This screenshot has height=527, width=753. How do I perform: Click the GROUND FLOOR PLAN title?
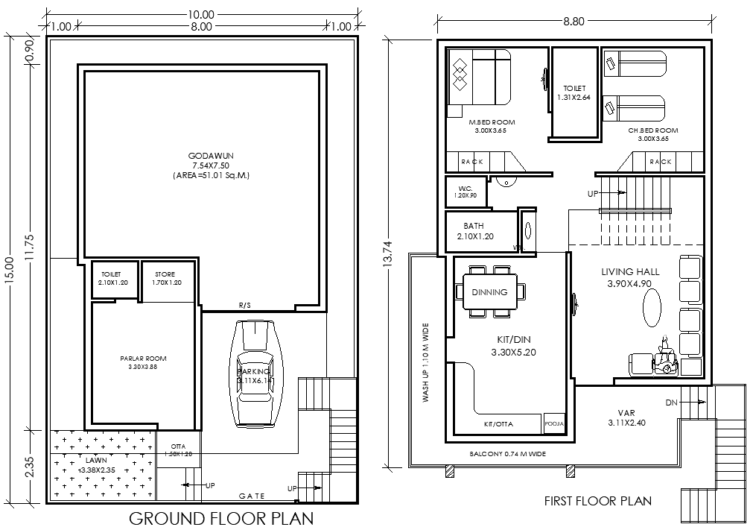[x=221, y=517]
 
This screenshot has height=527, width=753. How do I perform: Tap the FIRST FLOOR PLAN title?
[x=597, y=501]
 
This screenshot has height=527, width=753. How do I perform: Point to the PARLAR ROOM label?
[x=143, y=359]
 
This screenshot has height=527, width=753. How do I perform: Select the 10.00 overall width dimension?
[x=200, y=14]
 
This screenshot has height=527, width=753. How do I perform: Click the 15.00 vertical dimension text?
[x=9, y=277]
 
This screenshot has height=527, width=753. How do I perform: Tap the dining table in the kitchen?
[x=489, y=292]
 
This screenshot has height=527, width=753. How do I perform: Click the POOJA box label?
[x=555, y=423]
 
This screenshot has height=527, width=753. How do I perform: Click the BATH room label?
[x=474, y=226]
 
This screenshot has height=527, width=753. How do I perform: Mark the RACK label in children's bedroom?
[x=660, y=162]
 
